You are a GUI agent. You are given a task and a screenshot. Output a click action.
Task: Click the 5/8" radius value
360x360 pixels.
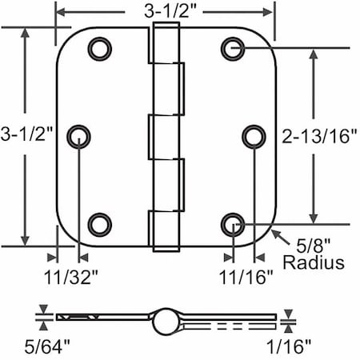309,244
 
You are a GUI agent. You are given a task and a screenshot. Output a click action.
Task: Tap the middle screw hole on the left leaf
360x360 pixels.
80,137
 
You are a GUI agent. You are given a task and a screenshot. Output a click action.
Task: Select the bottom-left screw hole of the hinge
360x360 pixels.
99,223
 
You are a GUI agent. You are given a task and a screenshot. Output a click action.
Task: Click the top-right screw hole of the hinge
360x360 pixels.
233,50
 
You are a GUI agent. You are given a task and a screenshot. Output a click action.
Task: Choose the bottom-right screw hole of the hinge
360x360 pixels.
233,223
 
